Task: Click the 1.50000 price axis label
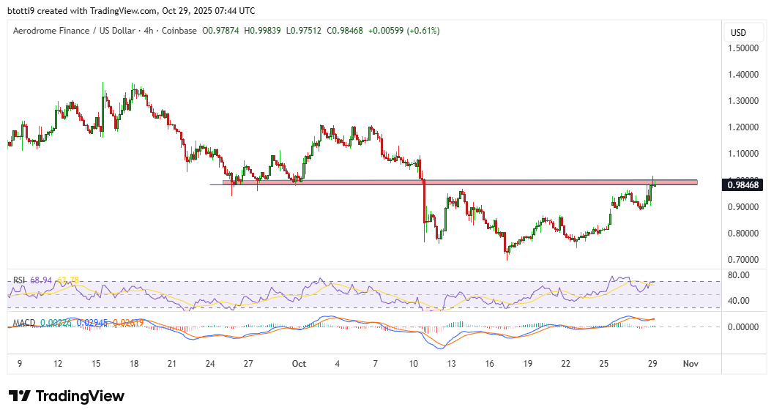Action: click(743, 48)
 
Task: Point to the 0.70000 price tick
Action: click(743, 260)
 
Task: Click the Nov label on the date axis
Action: click(690, 363)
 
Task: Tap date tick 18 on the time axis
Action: click(133, 363)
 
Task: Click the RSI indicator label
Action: click(20, 280)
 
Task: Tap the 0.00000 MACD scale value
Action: click(743, 326)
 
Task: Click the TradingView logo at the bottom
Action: click(67, 396)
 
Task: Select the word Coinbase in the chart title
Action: click(176, 31)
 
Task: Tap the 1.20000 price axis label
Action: click(743, 127)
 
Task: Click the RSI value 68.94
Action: click(43, 280)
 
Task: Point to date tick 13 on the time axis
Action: click(453, 363)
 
